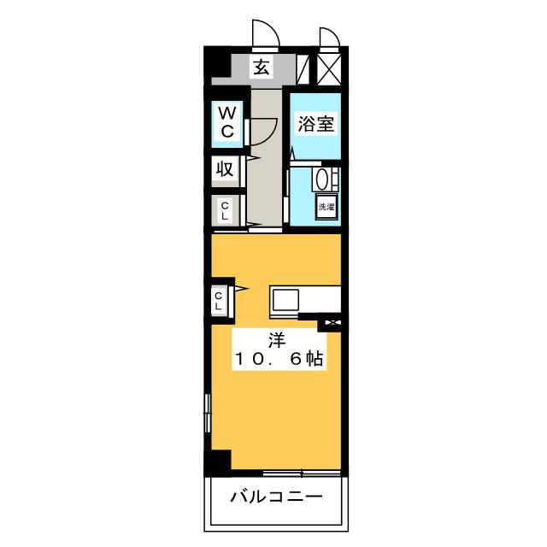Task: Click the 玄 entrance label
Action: click(261, 68)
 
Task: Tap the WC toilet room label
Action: click(226, 122)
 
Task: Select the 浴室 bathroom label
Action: click(315, 123)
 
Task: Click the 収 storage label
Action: click(225, 169)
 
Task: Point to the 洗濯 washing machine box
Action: click(326, 207)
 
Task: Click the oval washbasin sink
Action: click(322, 179)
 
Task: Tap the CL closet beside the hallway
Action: click(225, 211)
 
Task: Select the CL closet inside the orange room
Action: click(219, 302)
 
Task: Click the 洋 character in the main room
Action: click(277, 341)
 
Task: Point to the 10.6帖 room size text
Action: click(279, 359)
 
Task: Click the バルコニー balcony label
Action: click(276, 496)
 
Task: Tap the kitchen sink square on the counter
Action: click(285, 300)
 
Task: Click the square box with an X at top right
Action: click(329, 69)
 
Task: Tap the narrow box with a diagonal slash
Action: click(303, 69)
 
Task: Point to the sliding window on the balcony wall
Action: click(302, 473)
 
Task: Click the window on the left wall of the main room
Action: click(208, 413)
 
